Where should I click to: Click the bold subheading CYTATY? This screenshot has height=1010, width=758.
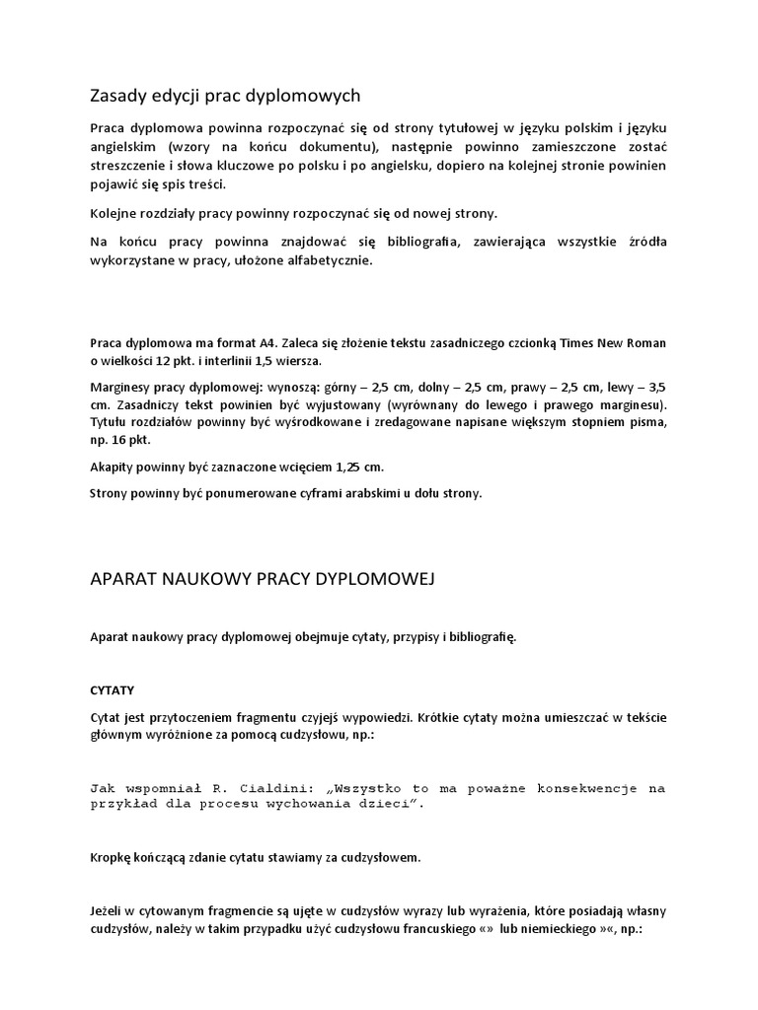(112, 688)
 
